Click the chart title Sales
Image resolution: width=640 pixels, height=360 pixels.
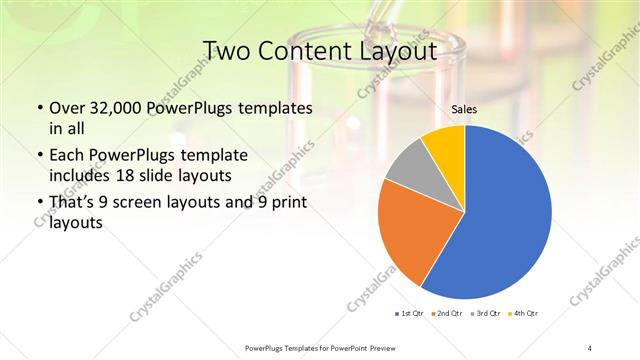point(464,110)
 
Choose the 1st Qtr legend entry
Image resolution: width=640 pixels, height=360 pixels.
point(410,314)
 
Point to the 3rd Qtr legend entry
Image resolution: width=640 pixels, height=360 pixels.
point(487,314)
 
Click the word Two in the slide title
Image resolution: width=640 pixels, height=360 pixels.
point(226,49)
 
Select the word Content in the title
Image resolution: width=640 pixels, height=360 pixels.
point(305,49)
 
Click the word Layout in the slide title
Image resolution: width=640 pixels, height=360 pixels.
point(399,49)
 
